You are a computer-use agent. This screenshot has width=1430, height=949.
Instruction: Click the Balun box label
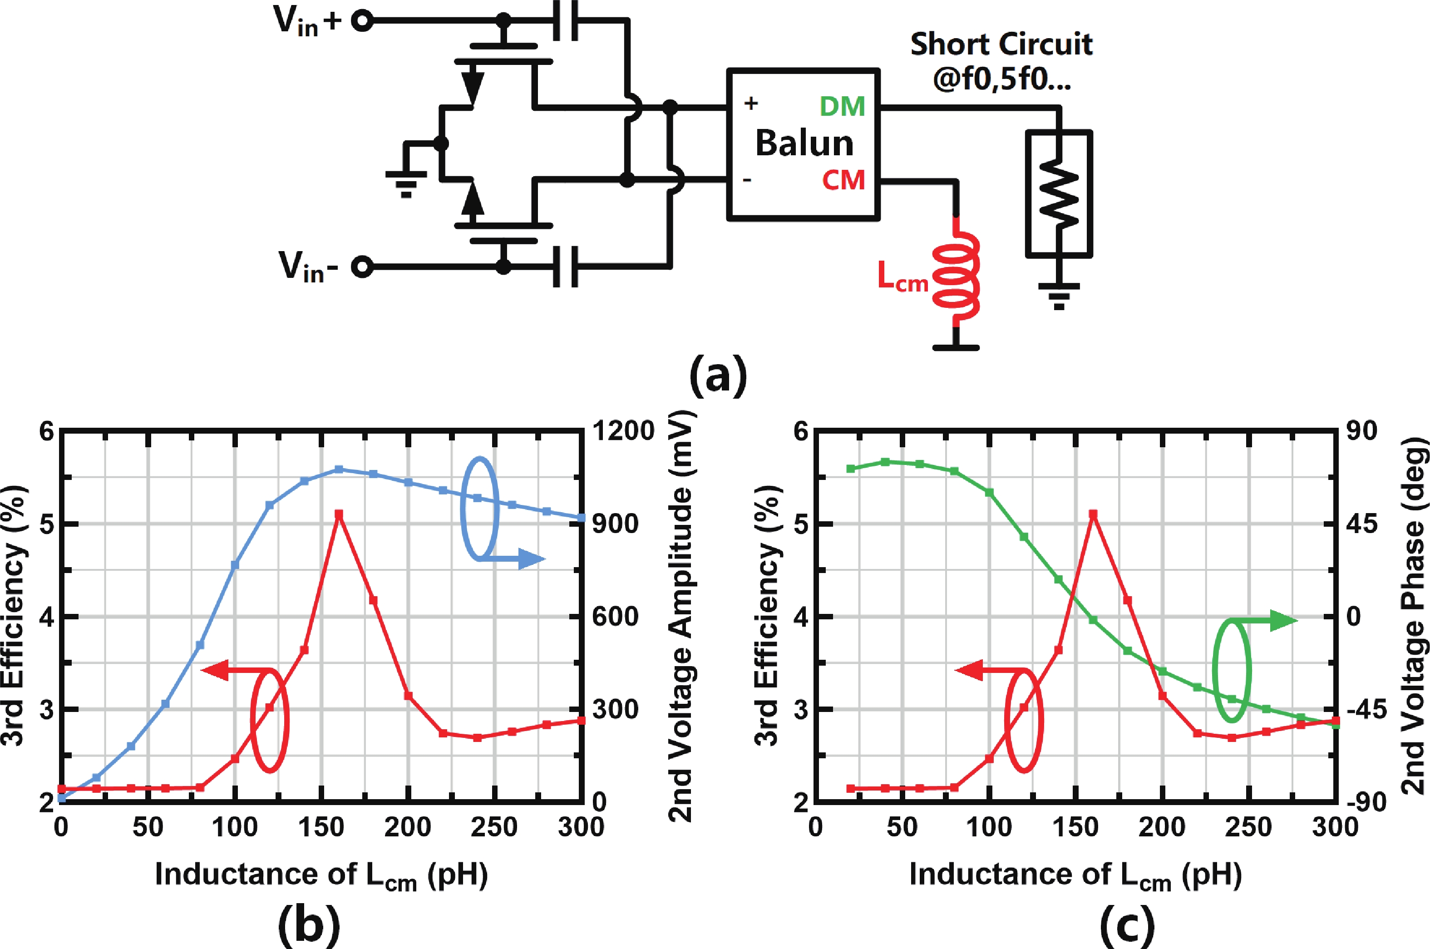(x=804, y=143)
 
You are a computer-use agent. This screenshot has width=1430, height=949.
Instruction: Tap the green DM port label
(x=842, y=107)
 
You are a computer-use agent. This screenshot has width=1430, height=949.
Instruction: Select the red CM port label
(x=843, y=180)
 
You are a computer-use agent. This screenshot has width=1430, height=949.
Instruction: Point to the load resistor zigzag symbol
(x=1059, y=194)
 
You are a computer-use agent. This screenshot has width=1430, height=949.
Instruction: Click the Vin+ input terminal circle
(x=362, y=21)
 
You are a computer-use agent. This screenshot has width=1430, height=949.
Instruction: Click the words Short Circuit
(x=1001, y=44)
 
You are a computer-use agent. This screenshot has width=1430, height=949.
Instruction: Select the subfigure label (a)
(x=718, y=375)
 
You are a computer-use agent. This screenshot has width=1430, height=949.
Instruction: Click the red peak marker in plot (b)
(x=339, y=514)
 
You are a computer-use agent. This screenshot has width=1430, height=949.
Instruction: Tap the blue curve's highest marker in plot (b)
(x=339, y=469)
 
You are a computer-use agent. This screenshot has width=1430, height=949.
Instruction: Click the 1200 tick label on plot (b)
(x=623, y=431)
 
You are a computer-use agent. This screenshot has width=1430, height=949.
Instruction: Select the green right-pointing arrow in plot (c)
(x=1277, y=620)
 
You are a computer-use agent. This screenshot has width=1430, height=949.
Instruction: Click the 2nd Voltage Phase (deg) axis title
(x=1413, y=616)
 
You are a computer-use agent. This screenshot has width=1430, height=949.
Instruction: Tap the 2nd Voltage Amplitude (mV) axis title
(x=681, y=616)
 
